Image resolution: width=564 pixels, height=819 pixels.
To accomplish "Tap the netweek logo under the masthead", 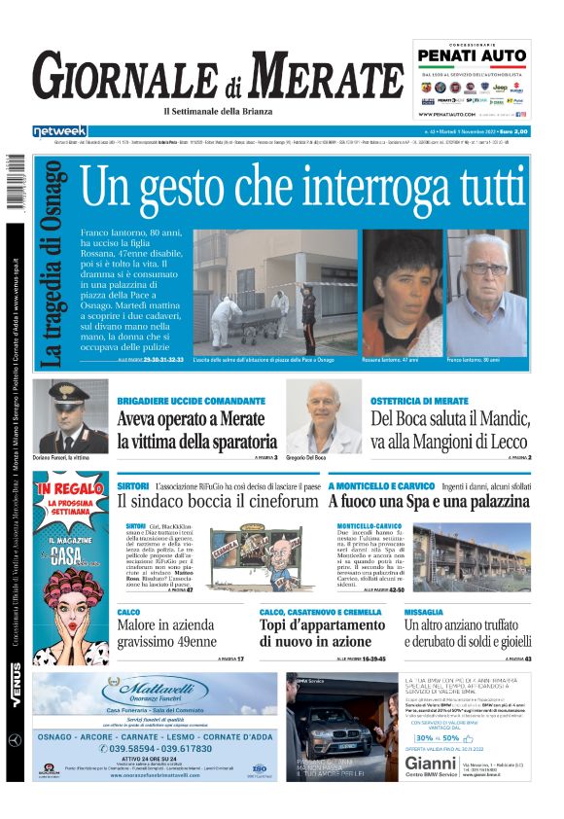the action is [59, 130].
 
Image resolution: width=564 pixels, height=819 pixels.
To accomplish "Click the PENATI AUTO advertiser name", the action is [473, 56].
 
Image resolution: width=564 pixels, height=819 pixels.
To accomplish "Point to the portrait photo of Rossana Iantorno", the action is [403, 291].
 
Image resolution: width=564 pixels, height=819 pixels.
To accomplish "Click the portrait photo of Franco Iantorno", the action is [487, 291].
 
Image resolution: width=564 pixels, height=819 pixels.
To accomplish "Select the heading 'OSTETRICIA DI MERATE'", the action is [418, 401].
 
